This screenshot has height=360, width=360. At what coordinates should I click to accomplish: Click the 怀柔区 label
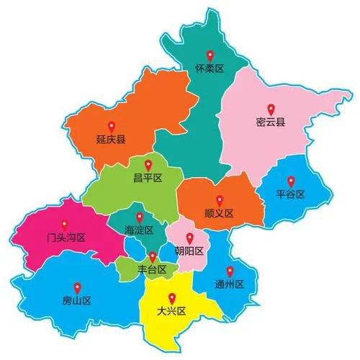[210, 69]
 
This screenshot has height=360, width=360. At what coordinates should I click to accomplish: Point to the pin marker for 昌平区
[148, 164]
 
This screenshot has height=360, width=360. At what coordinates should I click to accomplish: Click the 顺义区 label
[219, 213]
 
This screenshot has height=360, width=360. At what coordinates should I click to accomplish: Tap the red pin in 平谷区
[291, 181]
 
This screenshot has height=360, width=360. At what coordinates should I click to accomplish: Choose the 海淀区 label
[139, 230]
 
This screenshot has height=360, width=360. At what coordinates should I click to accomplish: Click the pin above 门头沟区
[65, 224]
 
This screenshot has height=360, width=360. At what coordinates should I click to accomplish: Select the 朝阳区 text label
[189, 251]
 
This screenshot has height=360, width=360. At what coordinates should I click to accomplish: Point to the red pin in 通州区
[230, 271]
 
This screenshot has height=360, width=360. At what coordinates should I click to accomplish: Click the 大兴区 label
[171, 311]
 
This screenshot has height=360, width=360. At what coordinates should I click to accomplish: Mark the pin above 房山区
[76, 287]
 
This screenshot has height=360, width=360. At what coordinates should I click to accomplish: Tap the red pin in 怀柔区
[210, 55]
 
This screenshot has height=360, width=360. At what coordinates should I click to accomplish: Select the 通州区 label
[230, 284]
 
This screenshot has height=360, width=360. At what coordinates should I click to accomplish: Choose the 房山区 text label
[76, 300]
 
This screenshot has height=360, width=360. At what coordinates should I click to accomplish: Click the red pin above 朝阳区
[189, 238]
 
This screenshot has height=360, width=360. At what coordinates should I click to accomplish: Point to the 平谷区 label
[291, 194]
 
